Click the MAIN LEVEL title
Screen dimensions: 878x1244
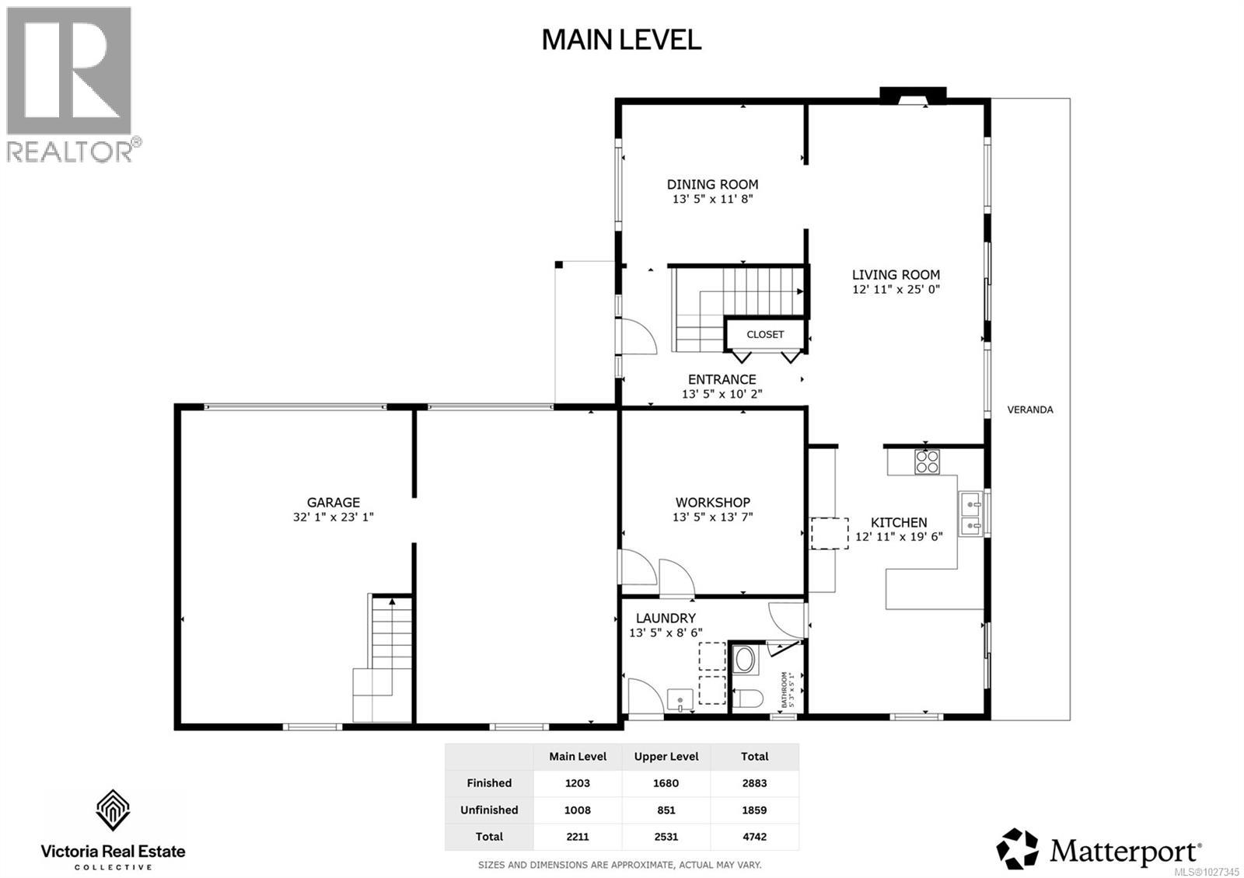[x=621, y=40]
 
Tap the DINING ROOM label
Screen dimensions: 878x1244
[x=712, y=184]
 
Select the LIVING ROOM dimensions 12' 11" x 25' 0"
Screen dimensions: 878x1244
[x=896, y=289]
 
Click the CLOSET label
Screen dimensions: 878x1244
[x=765, y=334]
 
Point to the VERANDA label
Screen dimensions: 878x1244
[x=1029, y=409]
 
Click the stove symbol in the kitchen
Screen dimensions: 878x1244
[x=927, y=462]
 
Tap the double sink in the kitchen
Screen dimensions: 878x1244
[x=970, y=514]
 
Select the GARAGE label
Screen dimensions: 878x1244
[x=333, y=503]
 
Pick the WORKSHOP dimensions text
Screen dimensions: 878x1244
[x=712, y=517]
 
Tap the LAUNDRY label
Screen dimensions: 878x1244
[x=666, y=618]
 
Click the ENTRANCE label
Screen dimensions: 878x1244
[x=722, y=379]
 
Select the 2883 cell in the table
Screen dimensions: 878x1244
[x=754, y=783]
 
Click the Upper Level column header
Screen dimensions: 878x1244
[x=666, y=756]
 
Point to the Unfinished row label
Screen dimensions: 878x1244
[x=489, y=810]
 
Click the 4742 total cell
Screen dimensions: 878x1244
[x=754, y=837]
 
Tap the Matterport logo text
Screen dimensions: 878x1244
[x=1125, y=851]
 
